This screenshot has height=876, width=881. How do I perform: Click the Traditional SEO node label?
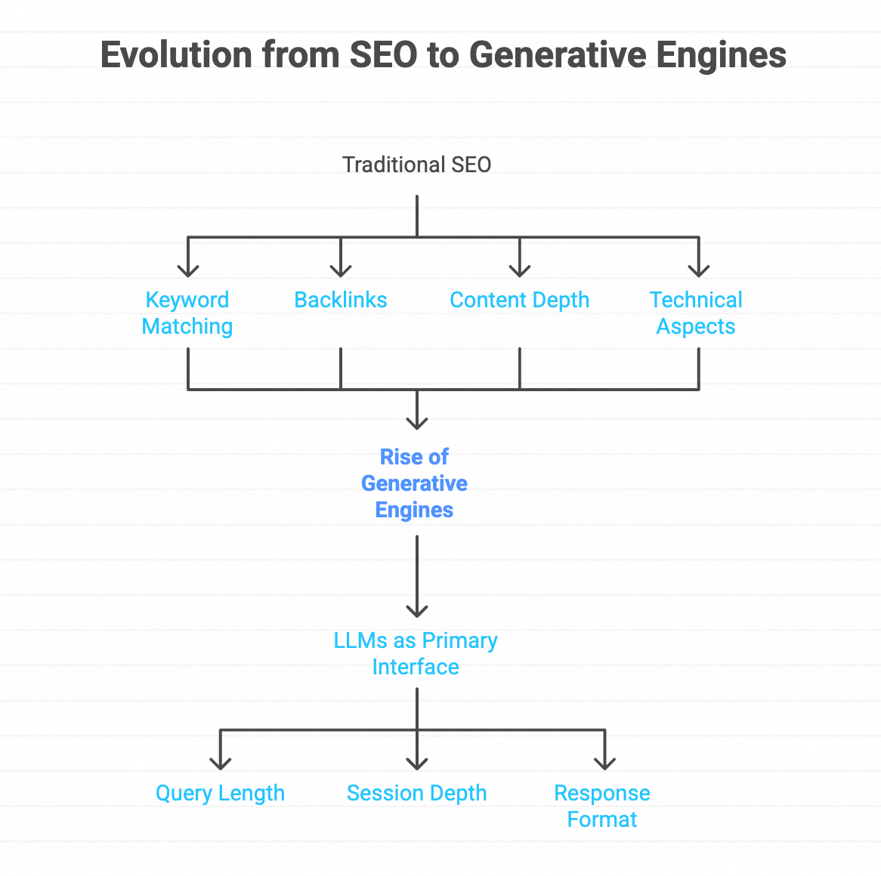tap(416, 165)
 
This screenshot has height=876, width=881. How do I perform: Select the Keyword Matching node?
tap(187, 313)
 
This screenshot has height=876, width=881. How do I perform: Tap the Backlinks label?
tap(341, 300)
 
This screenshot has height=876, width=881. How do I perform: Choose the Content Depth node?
tap(519, 300)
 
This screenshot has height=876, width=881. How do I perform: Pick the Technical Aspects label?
tap(696, 313)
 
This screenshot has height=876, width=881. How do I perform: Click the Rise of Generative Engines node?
tap(414, 483)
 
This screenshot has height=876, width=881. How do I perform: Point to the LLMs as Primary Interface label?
tap(416, 653)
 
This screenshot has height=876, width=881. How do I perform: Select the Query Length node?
tap(220, 793)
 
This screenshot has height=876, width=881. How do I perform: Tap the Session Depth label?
tap(416, 793)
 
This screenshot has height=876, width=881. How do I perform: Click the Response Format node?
tap(602, 806)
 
